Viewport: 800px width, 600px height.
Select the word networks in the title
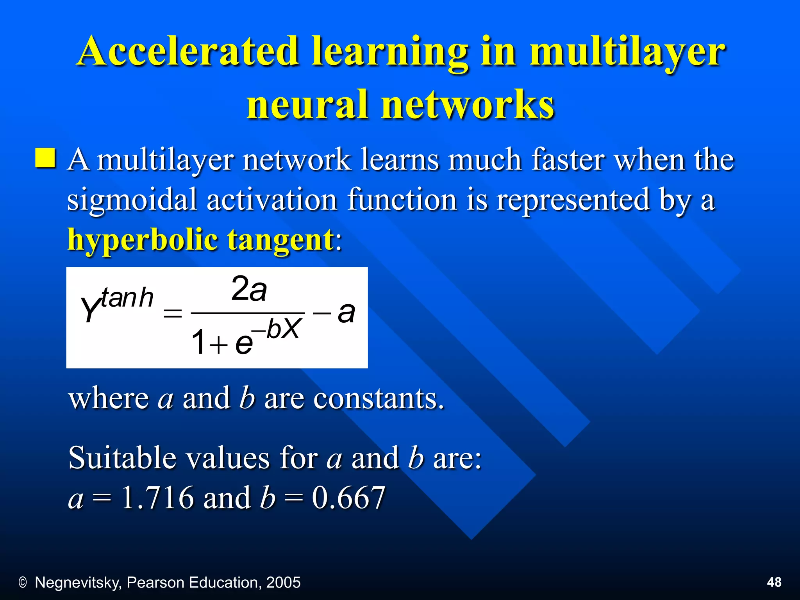(x=468, y=104)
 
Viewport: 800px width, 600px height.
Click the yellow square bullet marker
(x=45, y=158)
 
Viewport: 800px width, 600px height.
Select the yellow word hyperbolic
(x=142, y=240)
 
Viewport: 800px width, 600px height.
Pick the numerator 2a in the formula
(x=249, y=289)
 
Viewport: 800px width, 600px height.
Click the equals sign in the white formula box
(x=173, y=313)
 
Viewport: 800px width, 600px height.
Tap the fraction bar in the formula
(x=248, y=313)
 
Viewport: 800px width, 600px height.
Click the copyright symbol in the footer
(x=23, y=583)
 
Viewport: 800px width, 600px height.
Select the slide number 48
(x=774, y=582)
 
